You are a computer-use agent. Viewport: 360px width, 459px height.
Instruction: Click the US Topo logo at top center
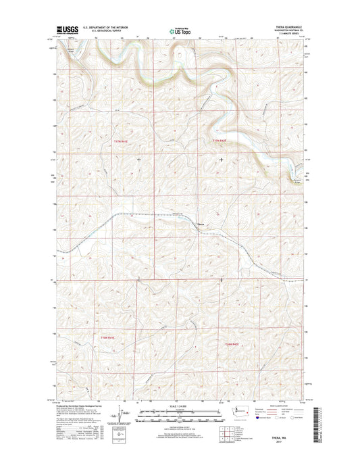[x=177, y=30]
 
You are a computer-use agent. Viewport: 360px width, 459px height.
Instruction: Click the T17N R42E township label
[x=221, y=140]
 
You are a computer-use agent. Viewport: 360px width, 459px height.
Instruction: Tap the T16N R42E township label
[x=233, y=345]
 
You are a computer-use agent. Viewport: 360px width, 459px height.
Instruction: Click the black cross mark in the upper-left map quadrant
[x=139, y=160]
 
